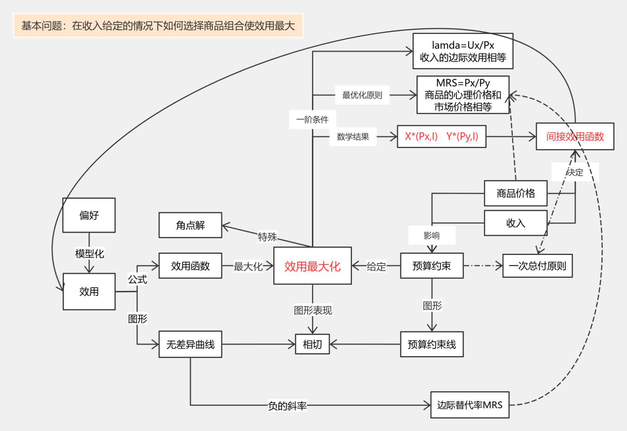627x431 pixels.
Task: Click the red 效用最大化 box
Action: pyautogui.click(x=312, y=266)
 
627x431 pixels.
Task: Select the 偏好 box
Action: pyautogui.click(x=89, y=215)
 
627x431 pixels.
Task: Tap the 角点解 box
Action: pyautogui.click(x=190, y=225)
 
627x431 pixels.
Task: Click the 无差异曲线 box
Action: pyautogui.click(x=190, y=344)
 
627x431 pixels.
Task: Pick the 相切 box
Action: pyautogui.click(x=312, y=344)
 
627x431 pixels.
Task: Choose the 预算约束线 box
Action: pyautogui.click(x=432, y=344)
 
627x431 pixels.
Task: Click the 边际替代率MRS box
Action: pyautogui.click(x=470, y=405)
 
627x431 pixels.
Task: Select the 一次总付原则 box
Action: pyautogui.click(x=537, y=266)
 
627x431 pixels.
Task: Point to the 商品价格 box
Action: pyautogui.click(x=516, y=193)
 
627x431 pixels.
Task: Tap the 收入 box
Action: pyautogui.click(x=516, y=223)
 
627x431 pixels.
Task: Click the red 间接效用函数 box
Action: pyautogui.click(x=575, y=136)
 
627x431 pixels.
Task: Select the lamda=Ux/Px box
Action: pyautogui.click(x=463, y=51)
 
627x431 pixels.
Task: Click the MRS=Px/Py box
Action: pyautogui.click(x=463, y=95)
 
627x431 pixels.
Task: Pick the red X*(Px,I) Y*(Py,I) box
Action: pyautogui.click(x=441, y=136)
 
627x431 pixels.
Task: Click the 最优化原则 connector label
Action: pyautogui.click(x=362, y=95)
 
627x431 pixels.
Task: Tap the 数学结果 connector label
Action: pyautogui.click(x=353, y=137)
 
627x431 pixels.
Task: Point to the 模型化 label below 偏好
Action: pyautogui.click(x=89, y=254)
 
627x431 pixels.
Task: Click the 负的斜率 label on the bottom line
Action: pyautogui.click(x=287, y=406)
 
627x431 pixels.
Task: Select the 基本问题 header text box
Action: pyautogui.click(x=158, y=26)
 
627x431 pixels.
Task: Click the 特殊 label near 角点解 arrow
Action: pyautogui.click(x=267, y=237)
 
